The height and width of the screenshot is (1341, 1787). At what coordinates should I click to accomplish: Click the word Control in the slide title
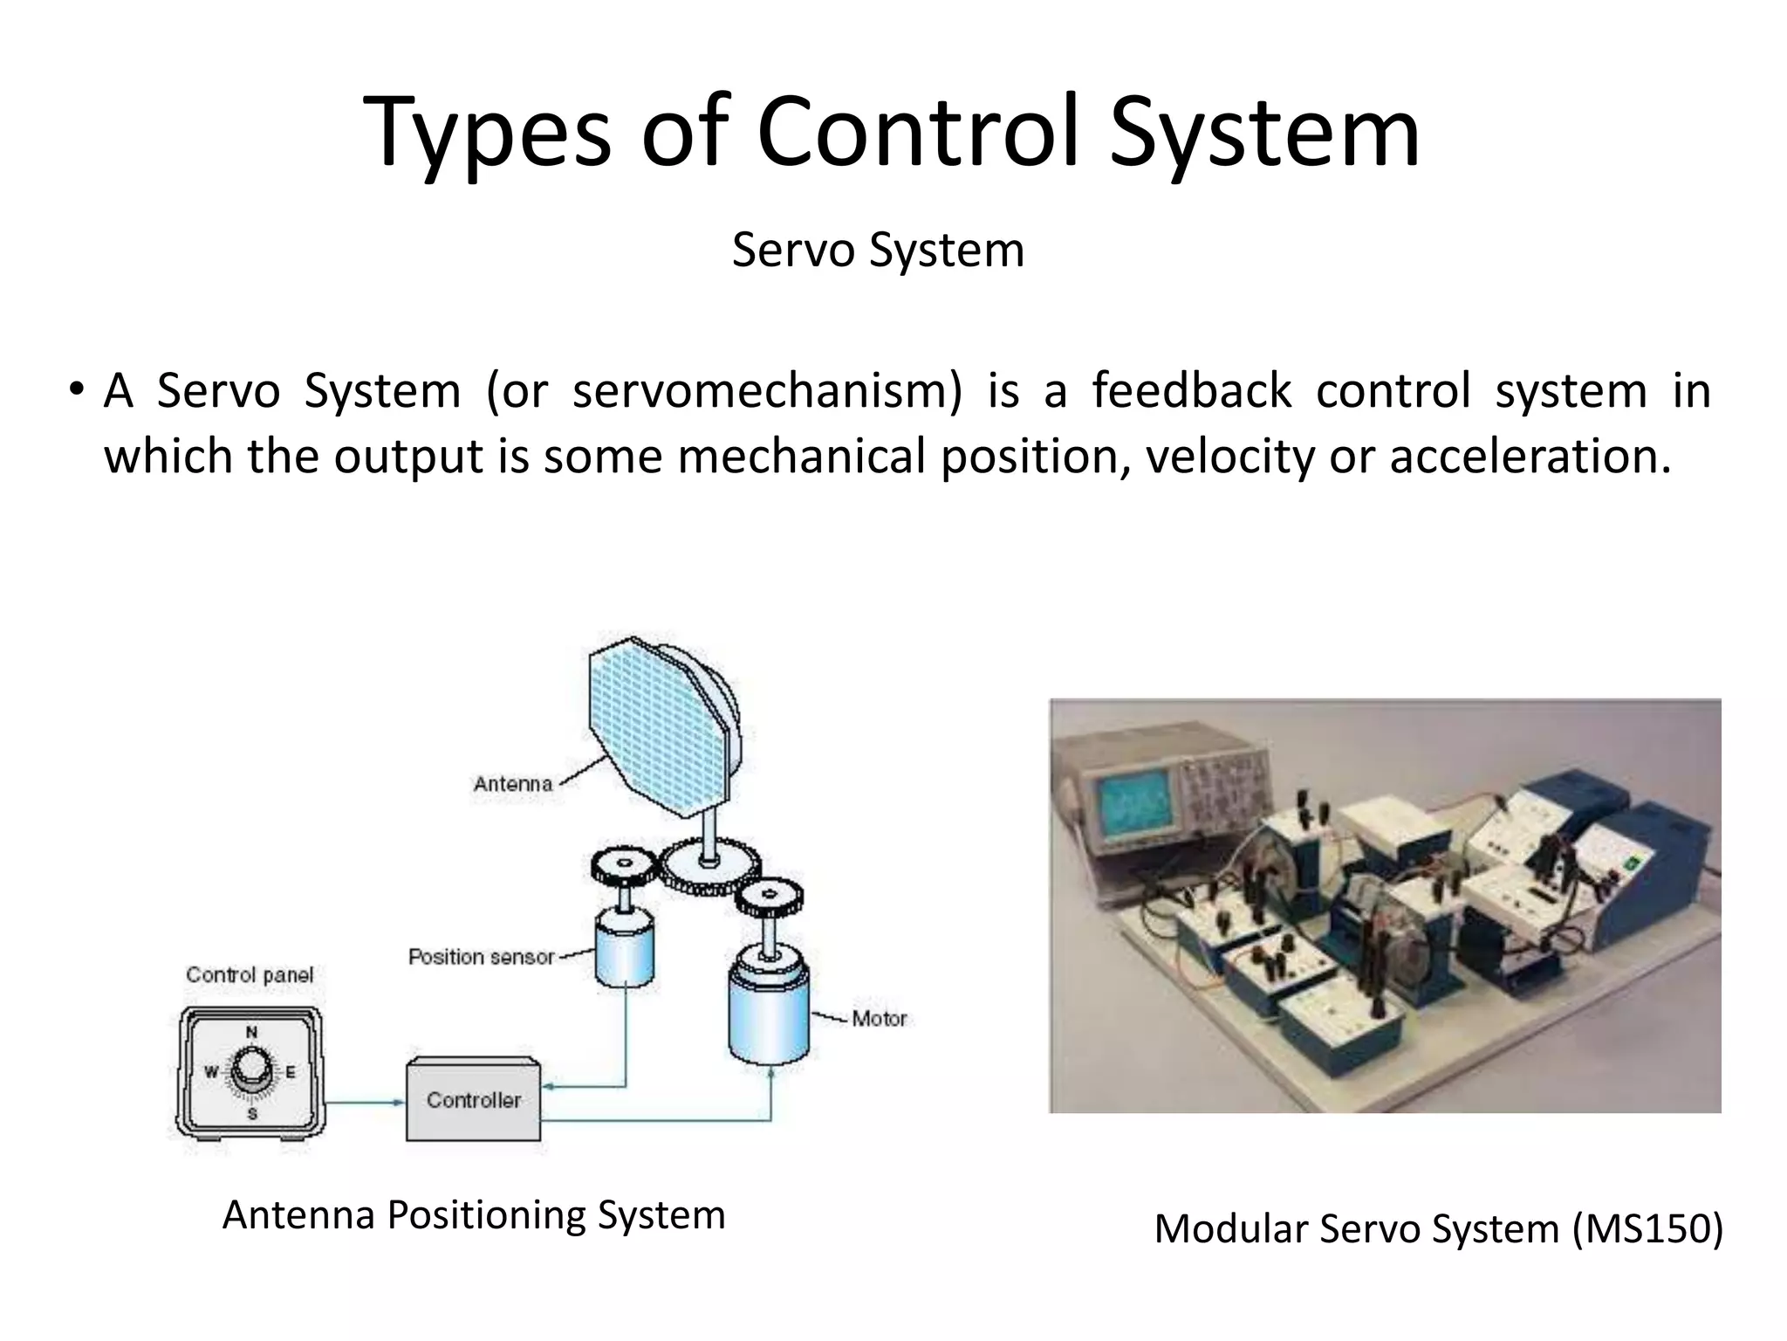point(921,133)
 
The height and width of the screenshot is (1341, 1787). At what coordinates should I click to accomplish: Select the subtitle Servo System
point(878,251)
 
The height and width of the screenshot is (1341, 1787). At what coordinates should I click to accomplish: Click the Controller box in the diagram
point(473,1100)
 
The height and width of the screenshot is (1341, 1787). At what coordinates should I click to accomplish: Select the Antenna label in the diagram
point(513,784)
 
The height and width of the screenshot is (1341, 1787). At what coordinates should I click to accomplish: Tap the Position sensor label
point(482,957)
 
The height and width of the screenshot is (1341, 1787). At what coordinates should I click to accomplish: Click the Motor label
point(879,1018)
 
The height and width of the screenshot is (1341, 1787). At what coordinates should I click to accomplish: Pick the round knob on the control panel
point(251,1071)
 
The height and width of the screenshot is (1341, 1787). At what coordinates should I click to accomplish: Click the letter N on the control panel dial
point(251,1032)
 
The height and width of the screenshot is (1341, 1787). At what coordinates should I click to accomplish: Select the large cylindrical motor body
point(768,1013)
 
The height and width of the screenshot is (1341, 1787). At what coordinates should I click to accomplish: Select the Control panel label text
point(250,975)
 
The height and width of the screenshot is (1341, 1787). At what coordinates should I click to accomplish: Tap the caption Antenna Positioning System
point(474,1214)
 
